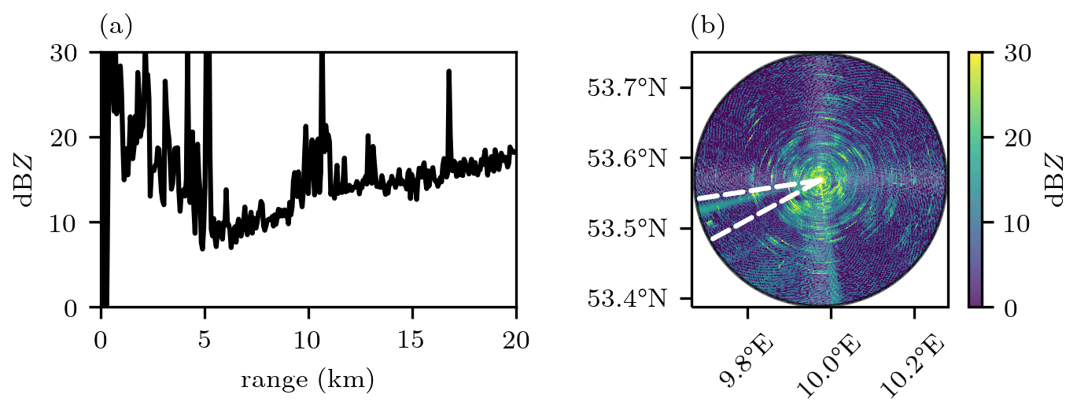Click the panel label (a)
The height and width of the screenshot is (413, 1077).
[116, 28]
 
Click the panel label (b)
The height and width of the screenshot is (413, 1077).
[707, 28]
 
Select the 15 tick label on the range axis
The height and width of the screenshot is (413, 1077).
[412, 340]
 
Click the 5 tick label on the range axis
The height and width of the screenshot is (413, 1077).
[205, 340]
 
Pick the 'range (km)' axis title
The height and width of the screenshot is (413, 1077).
[308, 381]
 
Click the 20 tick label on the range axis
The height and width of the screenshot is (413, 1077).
[516, 340]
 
